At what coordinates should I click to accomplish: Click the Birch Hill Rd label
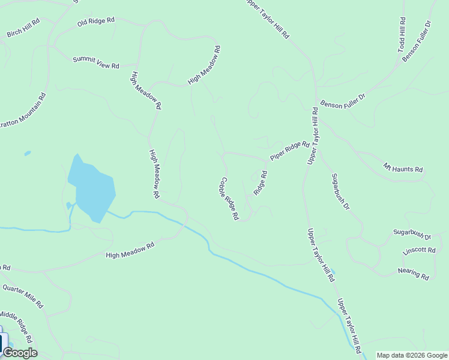coord(23,28)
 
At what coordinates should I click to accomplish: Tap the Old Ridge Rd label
coord(95,22)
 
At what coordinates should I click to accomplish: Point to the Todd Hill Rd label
coord(402,34)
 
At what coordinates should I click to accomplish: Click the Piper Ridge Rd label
coord(289,151)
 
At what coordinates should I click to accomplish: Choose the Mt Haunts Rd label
coord(403,169)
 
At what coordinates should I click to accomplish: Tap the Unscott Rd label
coord(419,251)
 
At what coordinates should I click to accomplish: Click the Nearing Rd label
coord(414,273)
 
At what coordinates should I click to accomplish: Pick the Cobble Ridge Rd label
coord(229,198)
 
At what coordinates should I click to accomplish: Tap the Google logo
coord(20,353)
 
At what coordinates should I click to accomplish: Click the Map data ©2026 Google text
coord(412,355)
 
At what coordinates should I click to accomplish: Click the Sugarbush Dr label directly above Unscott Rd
coord(408,234)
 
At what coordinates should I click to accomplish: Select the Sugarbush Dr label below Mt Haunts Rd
coord(340,191)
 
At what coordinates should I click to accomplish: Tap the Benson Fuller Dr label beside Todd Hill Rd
coord(417,41)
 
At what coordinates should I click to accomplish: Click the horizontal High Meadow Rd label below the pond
coord(130,251)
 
